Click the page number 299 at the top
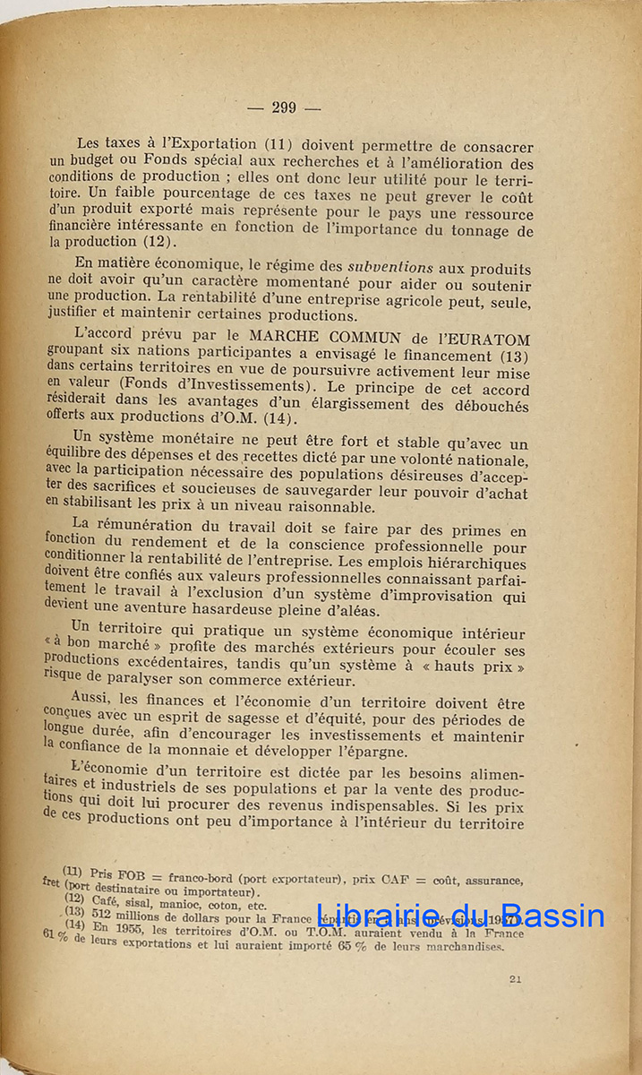tap(283, 107)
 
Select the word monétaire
tap(218, 442)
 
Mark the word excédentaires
tap(180, 665)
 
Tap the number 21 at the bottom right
tap(515, 979)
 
